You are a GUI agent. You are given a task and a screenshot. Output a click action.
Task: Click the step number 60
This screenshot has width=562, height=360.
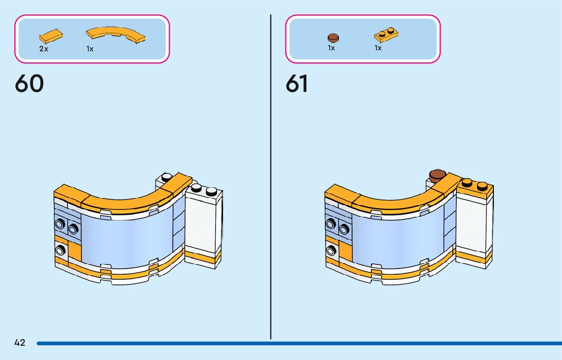pos(29,84)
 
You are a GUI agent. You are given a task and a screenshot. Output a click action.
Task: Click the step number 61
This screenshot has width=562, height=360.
pos(297,84)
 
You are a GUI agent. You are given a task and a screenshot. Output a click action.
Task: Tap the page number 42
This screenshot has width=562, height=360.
pos(20,343)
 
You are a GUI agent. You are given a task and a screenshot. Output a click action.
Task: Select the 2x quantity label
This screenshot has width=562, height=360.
pos(44,49)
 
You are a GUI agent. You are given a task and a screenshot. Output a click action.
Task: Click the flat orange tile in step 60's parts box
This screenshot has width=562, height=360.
pos(51,37)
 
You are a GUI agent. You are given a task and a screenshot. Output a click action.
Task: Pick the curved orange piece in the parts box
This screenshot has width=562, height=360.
pos(116,34)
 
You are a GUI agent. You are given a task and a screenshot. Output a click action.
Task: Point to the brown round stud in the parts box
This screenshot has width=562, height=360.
pos(333,37)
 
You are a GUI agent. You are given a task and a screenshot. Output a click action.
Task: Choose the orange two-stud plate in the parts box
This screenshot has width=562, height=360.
pos(386,35)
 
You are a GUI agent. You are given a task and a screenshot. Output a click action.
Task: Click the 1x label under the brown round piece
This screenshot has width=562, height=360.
pos(331,48)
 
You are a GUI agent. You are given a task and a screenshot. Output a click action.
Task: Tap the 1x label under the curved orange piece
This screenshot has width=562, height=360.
pos(90,49)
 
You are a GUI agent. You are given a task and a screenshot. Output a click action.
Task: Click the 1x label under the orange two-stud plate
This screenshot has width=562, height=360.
pos(378,48)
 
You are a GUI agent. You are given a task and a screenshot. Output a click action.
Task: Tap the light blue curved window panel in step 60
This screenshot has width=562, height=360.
pos(127,236)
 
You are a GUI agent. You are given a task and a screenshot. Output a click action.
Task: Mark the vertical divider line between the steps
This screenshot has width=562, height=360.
pos(271,178)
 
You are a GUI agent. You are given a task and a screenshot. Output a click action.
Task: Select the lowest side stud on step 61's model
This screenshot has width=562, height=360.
pos(332,250)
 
